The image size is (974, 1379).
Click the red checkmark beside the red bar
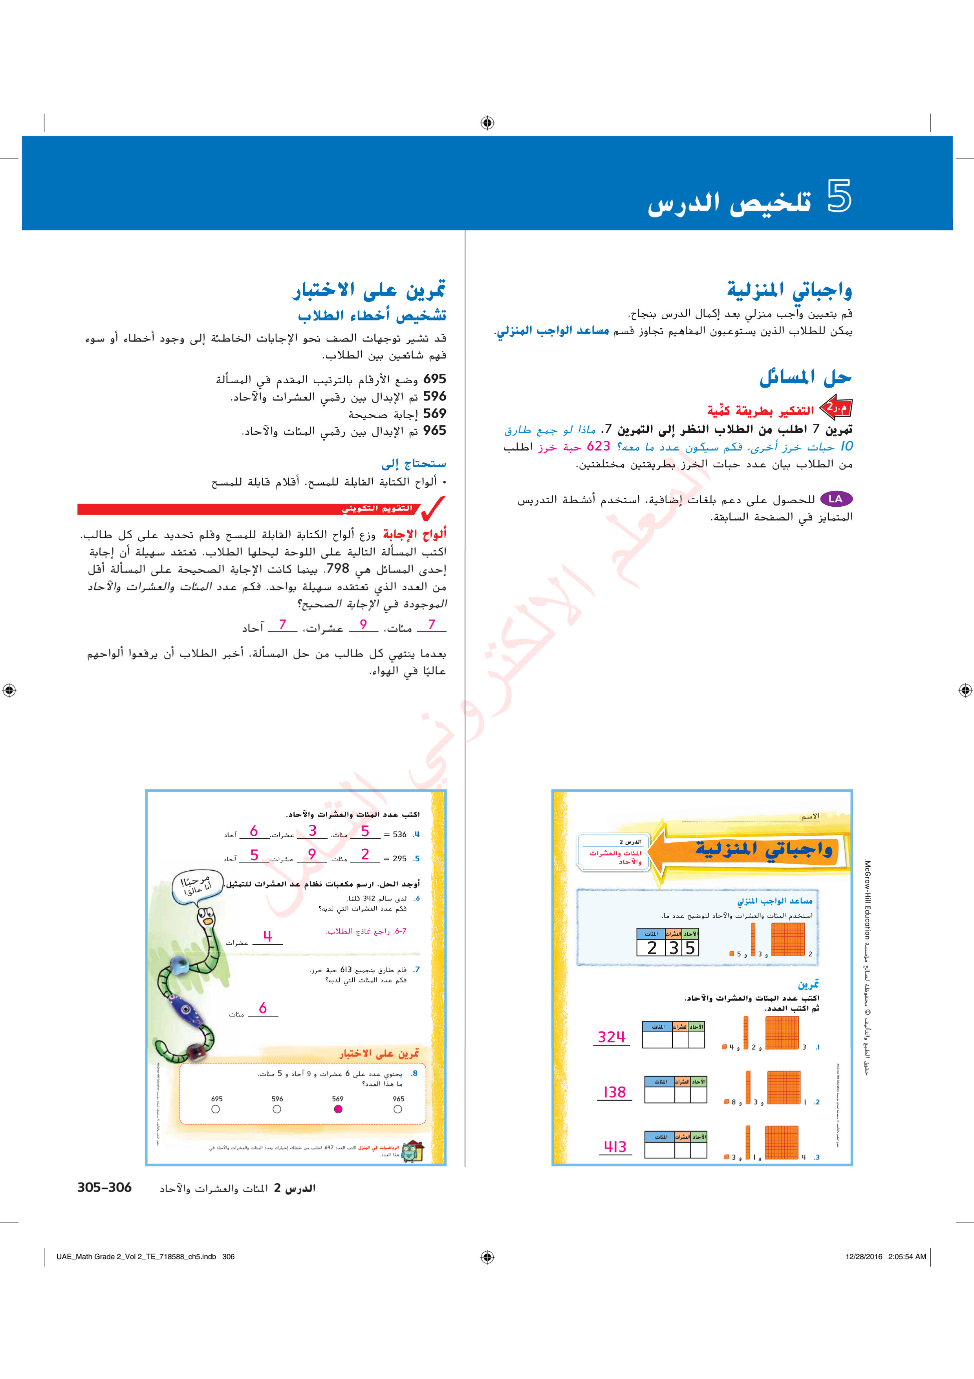(x=433, y=508)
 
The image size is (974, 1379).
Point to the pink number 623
(x=598, y=446)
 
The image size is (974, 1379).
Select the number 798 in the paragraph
(x=337, y=568)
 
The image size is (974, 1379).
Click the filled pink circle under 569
(x=338, y=1109)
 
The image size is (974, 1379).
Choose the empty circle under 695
(x=216, y=1109)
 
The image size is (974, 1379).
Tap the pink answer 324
(x=611, y=1037)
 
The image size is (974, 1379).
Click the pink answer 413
(x=615, y=1147)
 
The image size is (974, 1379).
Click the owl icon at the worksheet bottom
(x=412, y=1151)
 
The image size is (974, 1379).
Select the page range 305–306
(x=104, y=1188)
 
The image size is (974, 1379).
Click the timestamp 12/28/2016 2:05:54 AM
(x=885, y=1256)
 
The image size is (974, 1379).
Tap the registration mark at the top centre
(x=487, y=123)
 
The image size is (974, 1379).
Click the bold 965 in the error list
(x=434, y=430)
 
